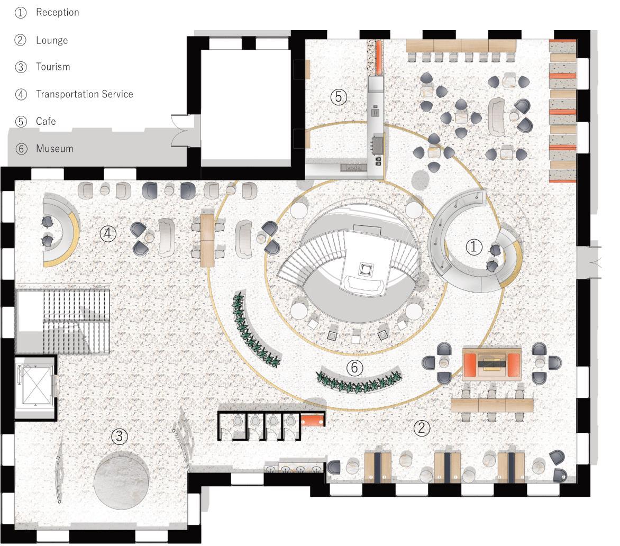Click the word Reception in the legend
click(x=57, y=12)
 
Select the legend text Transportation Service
click(x=84, y=94)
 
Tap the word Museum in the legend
click(x=54, y=149)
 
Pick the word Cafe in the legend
click(x=45, y=121)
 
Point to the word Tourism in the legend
click(x=53, y=67)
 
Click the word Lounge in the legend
click(x=52, y=40)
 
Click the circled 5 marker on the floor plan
click(x=339, y=97)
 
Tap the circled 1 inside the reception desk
click(x=473, y=246)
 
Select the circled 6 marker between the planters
click(x=354, y=367)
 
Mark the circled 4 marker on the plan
click(x=108, y=233)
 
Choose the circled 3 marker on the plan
click(x=120, y=436)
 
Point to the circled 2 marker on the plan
click(x=421, y=428)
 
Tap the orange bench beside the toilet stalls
click(x=312, y=420)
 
